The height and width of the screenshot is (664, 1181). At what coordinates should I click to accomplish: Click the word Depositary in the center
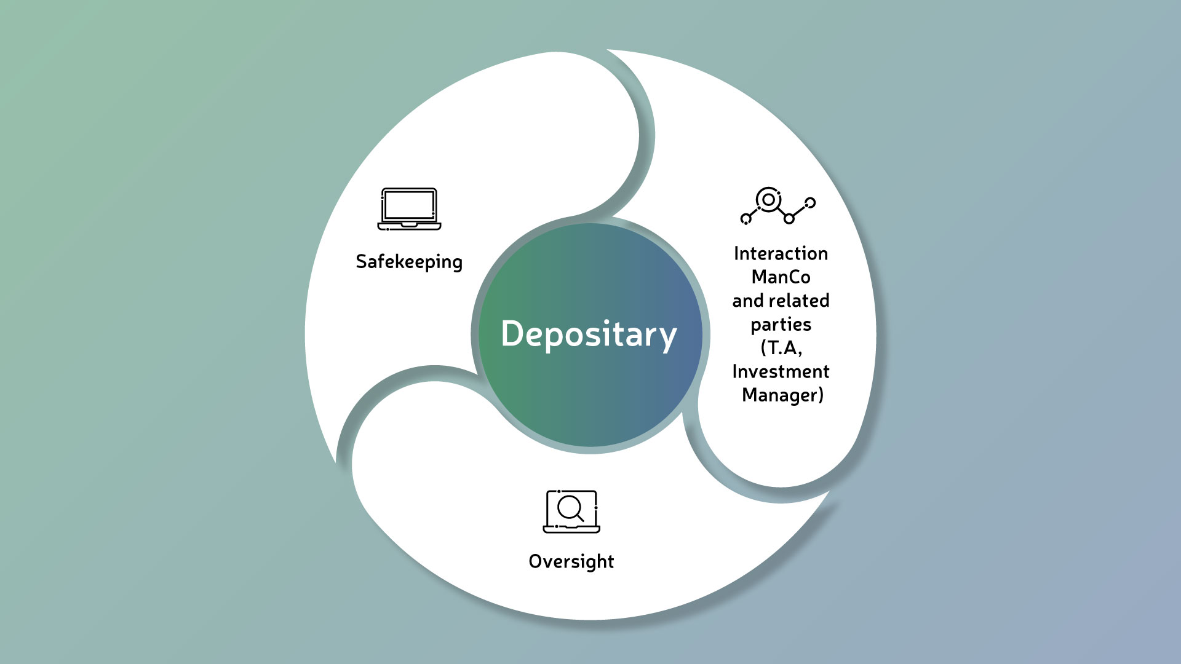(x=589, y=334)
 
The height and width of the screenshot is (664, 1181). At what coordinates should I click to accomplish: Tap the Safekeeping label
(x=409, y=262)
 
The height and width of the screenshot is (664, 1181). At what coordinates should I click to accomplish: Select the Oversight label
(x=571, y=561)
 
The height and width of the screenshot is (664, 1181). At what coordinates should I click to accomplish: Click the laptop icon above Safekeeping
(x=409, y=209)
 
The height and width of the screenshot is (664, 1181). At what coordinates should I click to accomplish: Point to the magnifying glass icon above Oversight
(x=571, y=511)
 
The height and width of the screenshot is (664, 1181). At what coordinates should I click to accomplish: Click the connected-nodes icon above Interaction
(x=778, y=205)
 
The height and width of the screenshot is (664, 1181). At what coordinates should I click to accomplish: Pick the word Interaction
(x=781, y=253)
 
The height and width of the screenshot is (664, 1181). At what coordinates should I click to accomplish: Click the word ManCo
(x=781, y=277)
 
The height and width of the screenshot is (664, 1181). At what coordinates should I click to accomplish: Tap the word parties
(x=781, y=325)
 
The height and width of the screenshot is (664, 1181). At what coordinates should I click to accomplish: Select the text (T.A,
(x=781, y=348)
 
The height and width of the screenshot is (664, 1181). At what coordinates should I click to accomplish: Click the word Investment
(x=781, y=371)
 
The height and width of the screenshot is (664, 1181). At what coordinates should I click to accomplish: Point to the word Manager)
(x=782, y=395)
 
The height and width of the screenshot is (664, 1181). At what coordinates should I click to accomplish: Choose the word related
(x=799, y=301)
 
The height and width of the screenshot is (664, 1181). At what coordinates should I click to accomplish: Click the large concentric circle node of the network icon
(x=768, y=199)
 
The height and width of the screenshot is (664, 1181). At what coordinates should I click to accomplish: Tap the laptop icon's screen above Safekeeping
(x=409, y=205)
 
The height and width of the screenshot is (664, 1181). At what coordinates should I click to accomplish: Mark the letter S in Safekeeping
(x=362, y=261)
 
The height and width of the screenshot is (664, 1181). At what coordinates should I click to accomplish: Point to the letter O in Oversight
(x=536, y=561)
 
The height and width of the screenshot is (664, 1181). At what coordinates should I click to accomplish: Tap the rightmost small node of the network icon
(x=810, y=202)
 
